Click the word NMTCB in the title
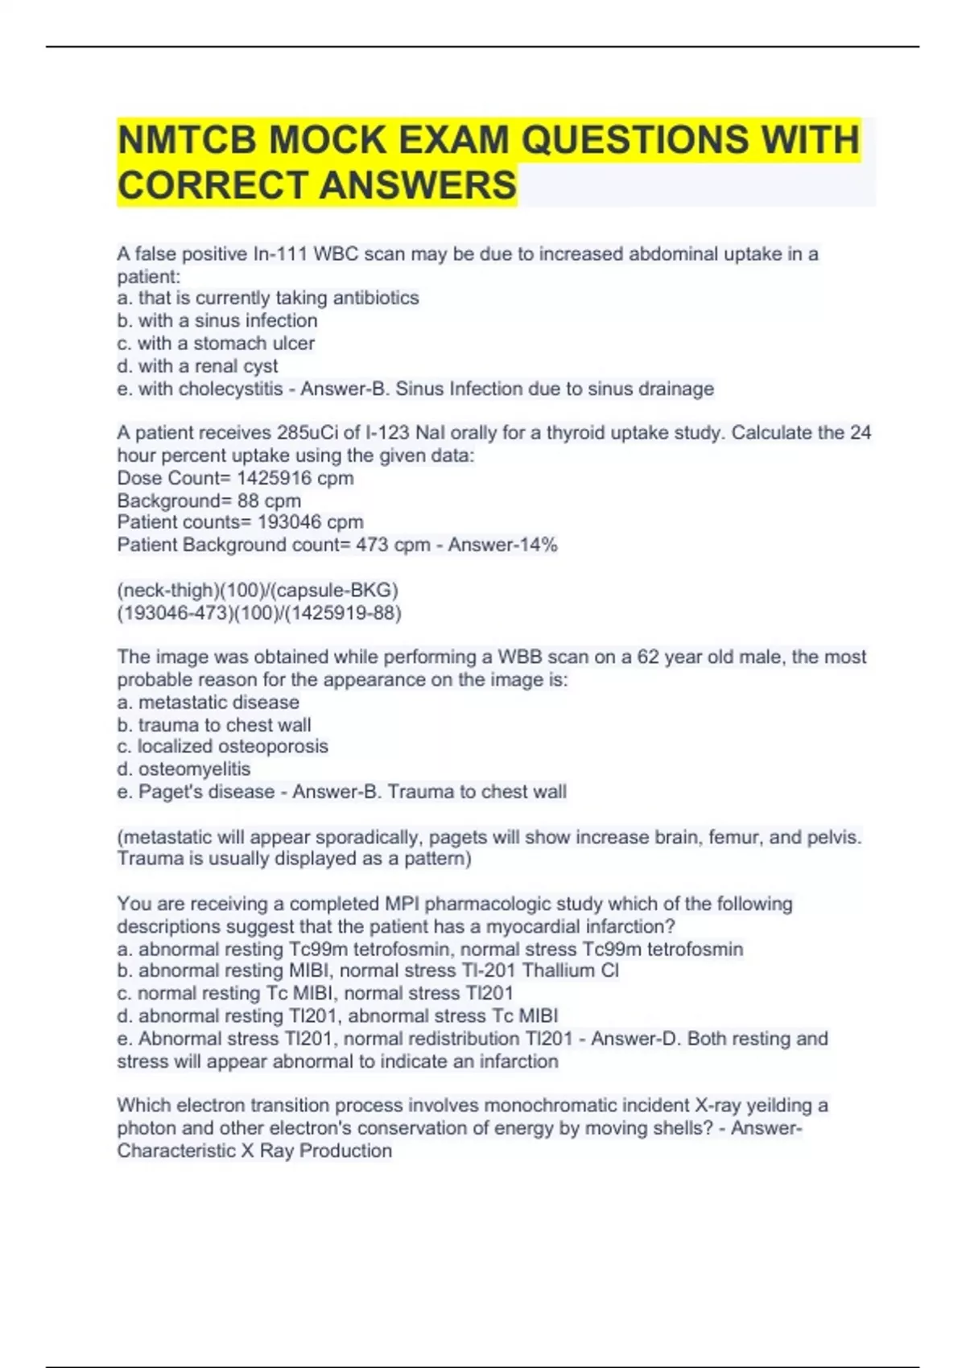pos(186,140)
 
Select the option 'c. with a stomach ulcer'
pos(216,344)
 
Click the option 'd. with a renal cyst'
pos(197,366)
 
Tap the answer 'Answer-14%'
pos(502,545)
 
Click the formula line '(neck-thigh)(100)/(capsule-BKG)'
pos(258,590)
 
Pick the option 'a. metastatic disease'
pos(208,703)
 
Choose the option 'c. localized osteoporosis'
pos(222,747)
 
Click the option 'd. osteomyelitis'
pos(184,769)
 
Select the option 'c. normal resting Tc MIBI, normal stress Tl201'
pos(315,993)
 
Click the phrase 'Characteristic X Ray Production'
pos(254,1151)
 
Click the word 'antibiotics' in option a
pos(376,298)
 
